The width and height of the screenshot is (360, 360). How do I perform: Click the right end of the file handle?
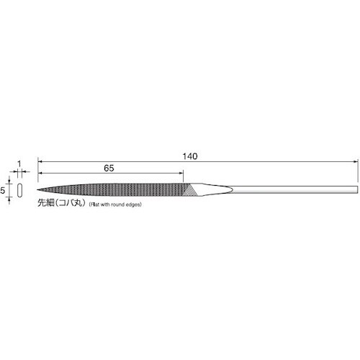[356, 191]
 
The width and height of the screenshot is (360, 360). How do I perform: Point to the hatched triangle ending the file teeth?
[192, 190]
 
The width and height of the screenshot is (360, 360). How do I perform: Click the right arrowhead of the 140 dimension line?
[355, 161]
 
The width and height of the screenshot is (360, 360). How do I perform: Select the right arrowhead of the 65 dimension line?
[181, 173]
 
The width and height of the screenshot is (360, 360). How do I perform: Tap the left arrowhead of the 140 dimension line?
[41, 161]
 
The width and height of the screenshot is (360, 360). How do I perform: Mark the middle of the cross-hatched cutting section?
[115, 190]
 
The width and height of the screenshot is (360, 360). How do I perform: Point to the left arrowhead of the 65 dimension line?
[41, 173]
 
